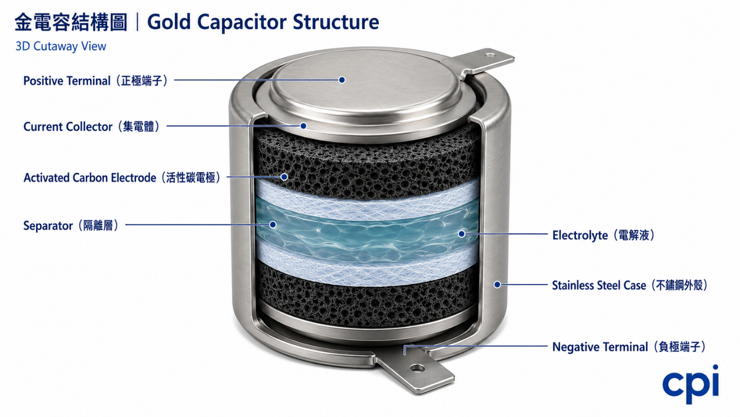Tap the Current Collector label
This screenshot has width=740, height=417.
(92, 126)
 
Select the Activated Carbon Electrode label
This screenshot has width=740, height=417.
(122, 177)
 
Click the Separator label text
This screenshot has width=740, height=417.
(71, 225)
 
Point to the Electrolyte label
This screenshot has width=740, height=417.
(604, 235)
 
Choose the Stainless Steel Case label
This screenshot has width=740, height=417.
(630, 285)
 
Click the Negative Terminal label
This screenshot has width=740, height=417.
(629, 347)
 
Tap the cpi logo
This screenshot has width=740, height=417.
(690, 384)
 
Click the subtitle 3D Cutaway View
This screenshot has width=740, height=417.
(61, 47)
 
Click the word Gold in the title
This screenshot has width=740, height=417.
(169, 22)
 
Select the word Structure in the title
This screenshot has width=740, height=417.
(335, 22)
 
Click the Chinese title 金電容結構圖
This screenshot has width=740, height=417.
(71, 22)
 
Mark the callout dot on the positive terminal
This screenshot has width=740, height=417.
(342, 80)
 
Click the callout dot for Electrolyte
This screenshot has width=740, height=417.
(462, 234)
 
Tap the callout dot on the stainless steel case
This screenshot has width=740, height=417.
(497, 285)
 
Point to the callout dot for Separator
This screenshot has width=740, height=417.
(273, 225)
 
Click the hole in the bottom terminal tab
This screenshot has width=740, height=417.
(417, 368)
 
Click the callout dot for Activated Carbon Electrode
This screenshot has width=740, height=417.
(284, 177)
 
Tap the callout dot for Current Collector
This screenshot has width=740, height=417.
(303, 126)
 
